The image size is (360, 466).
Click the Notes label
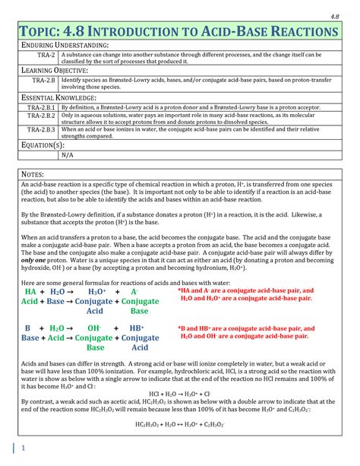pyautogui.click(x=33, y=175)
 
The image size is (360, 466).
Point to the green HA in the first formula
pyautogui.click(x=30, y=291)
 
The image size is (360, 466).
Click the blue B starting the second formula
pyautogui.click(x=27, y=328)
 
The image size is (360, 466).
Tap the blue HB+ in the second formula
pyautogui.click(x=140, y=328)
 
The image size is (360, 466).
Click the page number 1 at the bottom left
pyautogui.click(x=24, y=448)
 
